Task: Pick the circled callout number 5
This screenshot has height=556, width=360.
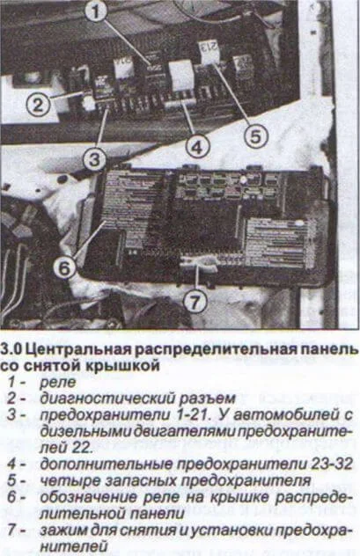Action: (253, 136)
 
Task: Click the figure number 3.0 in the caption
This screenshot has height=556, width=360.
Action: (12, 350)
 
